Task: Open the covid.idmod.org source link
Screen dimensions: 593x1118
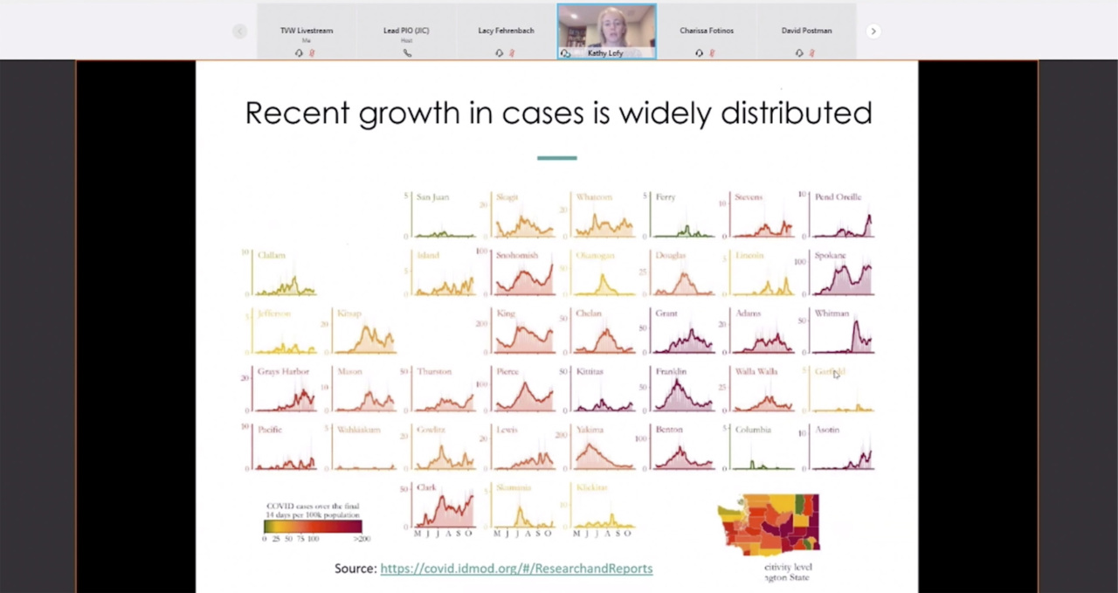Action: (x=516, y=569)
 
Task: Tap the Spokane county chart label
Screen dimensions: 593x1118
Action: (x=831, y=256)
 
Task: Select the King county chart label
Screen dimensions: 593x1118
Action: (x=505, y=314)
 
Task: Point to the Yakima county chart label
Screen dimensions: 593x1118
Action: (x=590, y=430)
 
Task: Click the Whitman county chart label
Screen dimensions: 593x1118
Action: (x=832, y=314)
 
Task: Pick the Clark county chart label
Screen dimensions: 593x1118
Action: (x=426, y=487)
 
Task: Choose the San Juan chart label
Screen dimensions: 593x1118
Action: (x=432, y=197)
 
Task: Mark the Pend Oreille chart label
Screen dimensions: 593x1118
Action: (x=838, y=197)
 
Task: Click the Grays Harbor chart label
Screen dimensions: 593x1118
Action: (x=283, y=372)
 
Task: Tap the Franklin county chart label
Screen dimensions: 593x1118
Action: (x=671, y=372)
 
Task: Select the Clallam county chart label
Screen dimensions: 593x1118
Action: (x=272, y=256)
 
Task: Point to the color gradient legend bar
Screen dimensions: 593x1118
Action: (x=312, y=527)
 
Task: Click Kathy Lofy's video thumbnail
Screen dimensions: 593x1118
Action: (x=606, y=30)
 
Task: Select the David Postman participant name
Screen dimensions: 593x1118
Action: (x=806, y=31)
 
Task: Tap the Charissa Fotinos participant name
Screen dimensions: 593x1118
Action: (x=707, y=31)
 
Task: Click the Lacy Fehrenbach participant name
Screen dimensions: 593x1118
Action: (x=506, y=31)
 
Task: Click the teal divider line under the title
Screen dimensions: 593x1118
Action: (x=557, y=158)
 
